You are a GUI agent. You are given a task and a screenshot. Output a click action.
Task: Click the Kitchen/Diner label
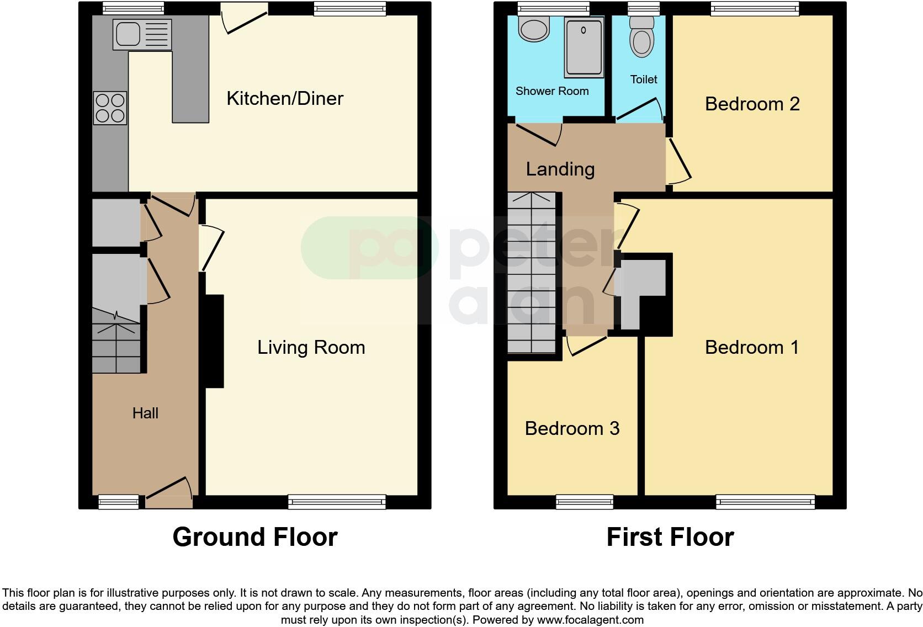point(285,99)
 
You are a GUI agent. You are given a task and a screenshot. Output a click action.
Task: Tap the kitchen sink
point(142,34)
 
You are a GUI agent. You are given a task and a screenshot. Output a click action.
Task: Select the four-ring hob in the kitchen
point(110,108)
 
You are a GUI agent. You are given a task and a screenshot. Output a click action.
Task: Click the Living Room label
point(311,348)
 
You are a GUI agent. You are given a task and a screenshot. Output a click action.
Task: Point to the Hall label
point(145,413)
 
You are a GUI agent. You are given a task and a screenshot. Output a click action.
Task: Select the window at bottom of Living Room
point(337,502)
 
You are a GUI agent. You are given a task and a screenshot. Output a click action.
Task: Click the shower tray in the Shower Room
point(583,47)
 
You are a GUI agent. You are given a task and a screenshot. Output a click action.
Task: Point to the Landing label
point(560,169)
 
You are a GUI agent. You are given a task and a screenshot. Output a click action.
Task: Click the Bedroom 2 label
point(752,104)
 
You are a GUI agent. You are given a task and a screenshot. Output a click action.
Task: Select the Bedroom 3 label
point(572,429)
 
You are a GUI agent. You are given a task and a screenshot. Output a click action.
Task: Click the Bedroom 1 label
point(752,348)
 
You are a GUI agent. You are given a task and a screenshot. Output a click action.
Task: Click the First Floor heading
point(670,537)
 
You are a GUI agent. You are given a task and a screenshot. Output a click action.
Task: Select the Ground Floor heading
point(254,537)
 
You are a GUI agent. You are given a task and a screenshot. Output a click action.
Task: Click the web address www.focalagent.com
point(590,620)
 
